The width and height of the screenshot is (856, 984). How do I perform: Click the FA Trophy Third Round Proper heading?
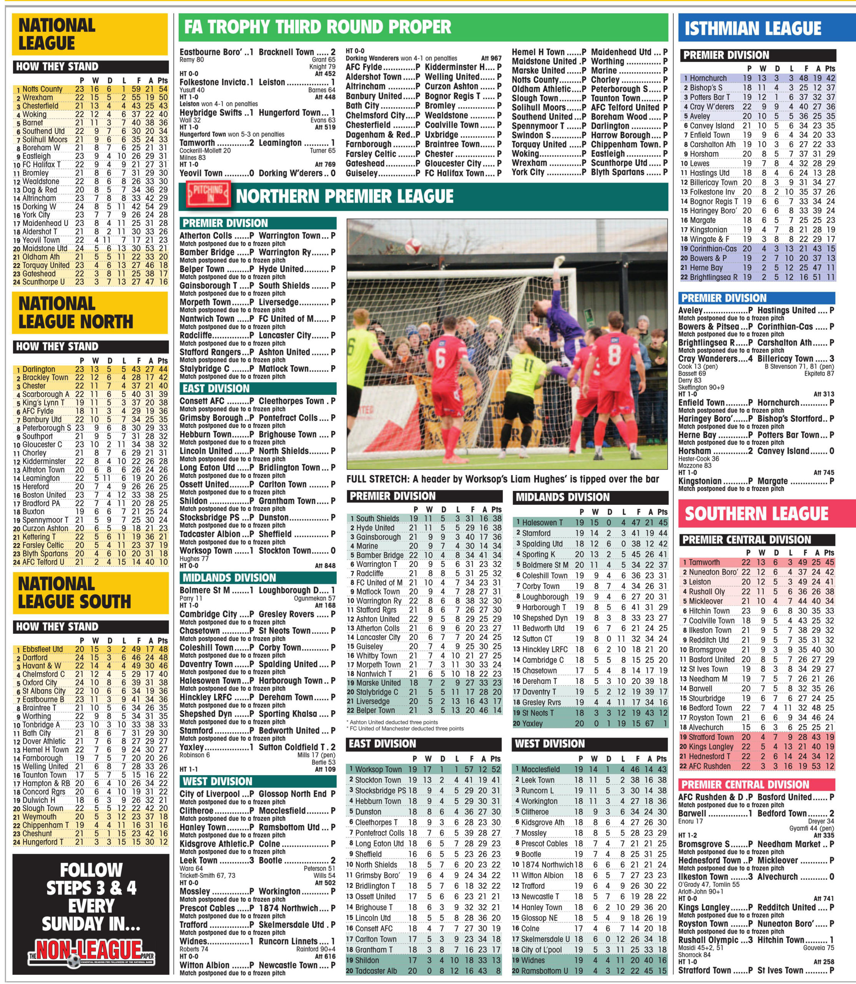(x=317, y=27)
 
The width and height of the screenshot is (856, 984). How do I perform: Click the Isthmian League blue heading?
(x=753, y=29)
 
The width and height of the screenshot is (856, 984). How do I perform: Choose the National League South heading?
(x=75, y=592)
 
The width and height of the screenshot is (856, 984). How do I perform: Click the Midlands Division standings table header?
(x=563, y=497)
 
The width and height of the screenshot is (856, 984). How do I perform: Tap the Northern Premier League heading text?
(x=344, y=196)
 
